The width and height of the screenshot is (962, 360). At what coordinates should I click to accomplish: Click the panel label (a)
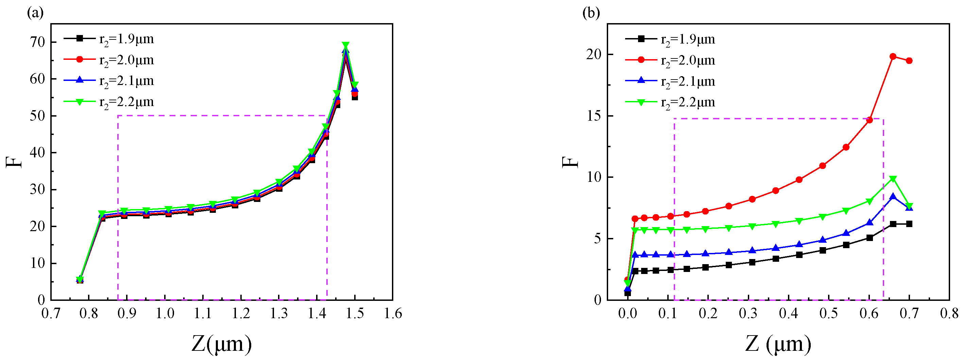tap(35, 13)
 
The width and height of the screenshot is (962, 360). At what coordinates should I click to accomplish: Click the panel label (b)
tap(591, 13)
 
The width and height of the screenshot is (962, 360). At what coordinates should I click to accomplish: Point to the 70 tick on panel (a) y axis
tap(37, 42)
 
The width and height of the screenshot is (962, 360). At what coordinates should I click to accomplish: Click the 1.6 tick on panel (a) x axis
tap(393, 313)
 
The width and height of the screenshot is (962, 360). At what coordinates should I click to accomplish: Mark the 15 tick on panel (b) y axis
tap(595, 116)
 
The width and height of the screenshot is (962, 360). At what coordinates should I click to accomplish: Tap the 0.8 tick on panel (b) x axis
tap(949, 313)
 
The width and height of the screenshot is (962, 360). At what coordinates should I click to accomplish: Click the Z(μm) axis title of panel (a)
tap(221, 344)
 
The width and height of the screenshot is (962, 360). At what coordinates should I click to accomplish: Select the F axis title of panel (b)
tap(569, 162)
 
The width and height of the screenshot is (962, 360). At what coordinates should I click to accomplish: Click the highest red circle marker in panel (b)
tap(893, 57)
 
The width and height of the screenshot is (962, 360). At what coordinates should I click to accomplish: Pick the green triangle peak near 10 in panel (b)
tap(893, 179)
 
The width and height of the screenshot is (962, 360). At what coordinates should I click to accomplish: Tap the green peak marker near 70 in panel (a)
tap(346, 45)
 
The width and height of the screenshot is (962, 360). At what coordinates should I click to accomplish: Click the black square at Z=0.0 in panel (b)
tap(628, 293)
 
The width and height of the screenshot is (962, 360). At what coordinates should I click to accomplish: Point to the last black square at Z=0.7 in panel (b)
tap(909, 224)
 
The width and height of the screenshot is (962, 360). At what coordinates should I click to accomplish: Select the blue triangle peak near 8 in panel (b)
tap(893, 196)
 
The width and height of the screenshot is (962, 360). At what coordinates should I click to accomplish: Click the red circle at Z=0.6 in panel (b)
tap(870, 120)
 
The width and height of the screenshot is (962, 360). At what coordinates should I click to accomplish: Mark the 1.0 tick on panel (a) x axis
tap(165, 313)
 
